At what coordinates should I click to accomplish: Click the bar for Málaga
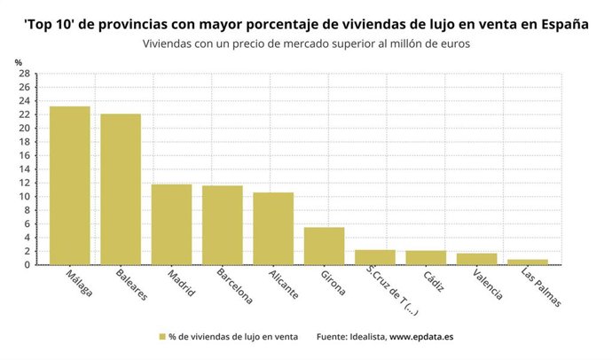point(69,185)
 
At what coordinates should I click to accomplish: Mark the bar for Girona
point(324,246)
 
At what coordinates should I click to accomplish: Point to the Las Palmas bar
point(528,262)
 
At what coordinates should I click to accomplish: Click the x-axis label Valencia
point(478,286)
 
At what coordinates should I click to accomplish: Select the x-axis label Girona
point(333,283)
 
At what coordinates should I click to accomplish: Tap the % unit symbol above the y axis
point(18,61)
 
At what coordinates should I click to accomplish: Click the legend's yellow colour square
point(162,337)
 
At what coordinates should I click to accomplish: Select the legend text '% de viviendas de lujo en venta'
point(233,337)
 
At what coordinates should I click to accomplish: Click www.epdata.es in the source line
point(421,337)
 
